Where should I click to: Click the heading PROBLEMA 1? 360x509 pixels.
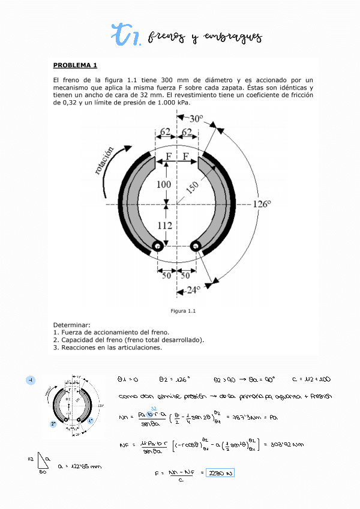(x=75, y=65)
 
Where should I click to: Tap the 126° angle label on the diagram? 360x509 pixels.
(x=262, y=204)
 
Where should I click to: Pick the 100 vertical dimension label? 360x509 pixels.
(x=164, y=185)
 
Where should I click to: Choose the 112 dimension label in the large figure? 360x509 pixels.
(x=165, y=226)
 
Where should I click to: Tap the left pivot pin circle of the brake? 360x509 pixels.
(x=158, y=245)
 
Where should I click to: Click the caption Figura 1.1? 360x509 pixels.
(x=184, y=311)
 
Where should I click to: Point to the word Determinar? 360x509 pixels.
(x=71, y=325)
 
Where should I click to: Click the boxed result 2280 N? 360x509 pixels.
(x=220, y=474)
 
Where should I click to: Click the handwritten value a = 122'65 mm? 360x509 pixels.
(x=79, y=466)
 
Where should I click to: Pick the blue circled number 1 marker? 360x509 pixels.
(x=31, y=380)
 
